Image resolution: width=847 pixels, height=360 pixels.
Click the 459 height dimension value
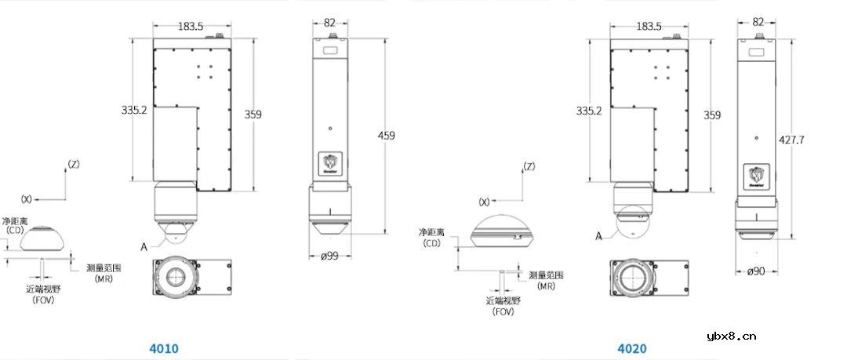pos(387,136)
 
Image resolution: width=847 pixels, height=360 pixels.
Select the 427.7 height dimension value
pos(791,140)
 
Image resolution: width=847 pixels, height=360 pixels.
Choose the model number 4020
pos(631,348)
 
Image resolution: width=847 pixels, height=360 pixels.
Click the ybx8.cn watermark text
pos(732,337)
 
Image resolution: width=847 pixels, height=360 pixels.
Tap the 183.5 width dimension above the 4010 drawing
pos(191,26)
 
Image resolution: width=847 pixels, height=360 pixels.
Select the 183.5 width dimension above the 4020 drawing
pos(649,26)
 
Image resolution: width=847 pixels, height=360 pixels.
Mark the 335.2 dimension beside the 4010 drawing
pos(135,111)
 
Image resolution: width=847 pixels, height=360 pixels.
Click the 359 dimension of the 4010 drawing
pos(253,115)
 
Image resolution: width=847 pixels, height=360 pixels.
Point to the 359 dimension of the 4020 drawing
pos(712,115)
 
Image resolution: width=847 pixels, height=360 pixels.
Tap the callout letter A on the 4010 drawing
pos(144,245)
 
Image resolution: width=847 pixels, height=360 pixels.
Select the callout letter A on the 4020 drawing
pos(599,235)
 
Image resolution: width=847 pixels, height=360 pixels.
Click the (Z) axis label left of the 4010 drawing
pos(74,164)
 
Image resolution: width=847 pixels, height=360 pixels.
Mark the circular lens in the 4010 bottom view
pos(176,278)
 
